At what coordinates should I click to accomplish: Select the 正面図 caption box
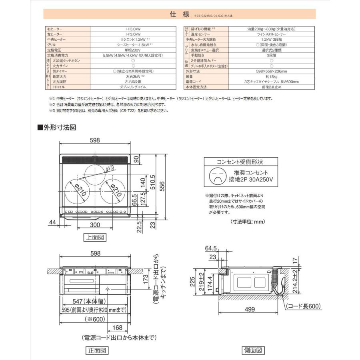point(97,351)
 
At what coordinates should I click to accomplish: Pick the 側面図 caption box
point(253,350)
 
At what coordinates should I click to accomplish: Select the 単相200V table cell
point(133,50)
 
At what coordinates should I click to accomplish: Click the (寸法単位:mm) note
point(248,221)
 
